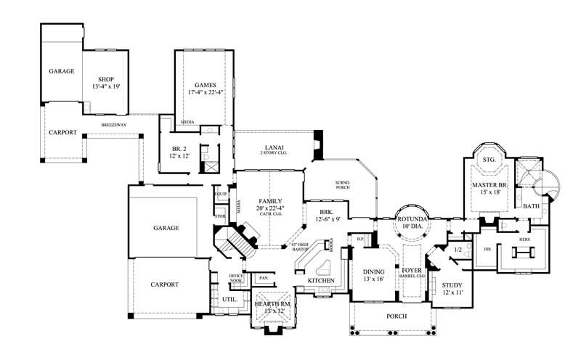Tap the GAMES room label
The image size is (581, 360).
coord(203,85)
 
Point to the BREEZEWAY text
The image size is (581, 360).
coord(114,125)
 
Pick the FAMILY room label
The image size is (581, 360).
coord(269,201)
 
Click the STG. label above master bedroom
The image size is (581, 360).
coord(487,159)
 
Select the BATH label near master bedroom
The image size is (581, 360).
coord(531,206)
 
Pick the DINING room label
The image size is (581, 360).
coord(375,273)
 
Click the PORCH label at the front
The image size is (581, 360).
coord(396,316)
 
